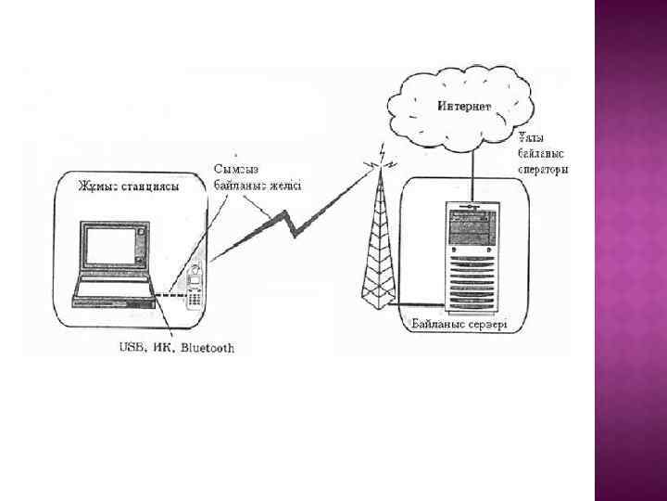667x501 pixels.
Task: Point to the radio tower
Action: (x=378, y=250)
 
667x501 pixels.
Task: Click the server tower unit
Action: (x=471, y=255)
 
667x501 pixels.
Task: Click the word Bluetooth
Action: (x=208, y=349)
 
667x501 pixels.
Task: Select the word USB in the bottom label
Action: (x=132, y=349)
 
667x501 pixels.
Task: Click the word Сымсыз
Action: (x=236, y=169)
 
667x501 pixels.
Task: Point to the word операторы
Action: (x=543, y=170)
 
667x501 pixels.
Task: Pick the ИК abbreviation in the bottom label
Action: (x=163, y=349)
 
